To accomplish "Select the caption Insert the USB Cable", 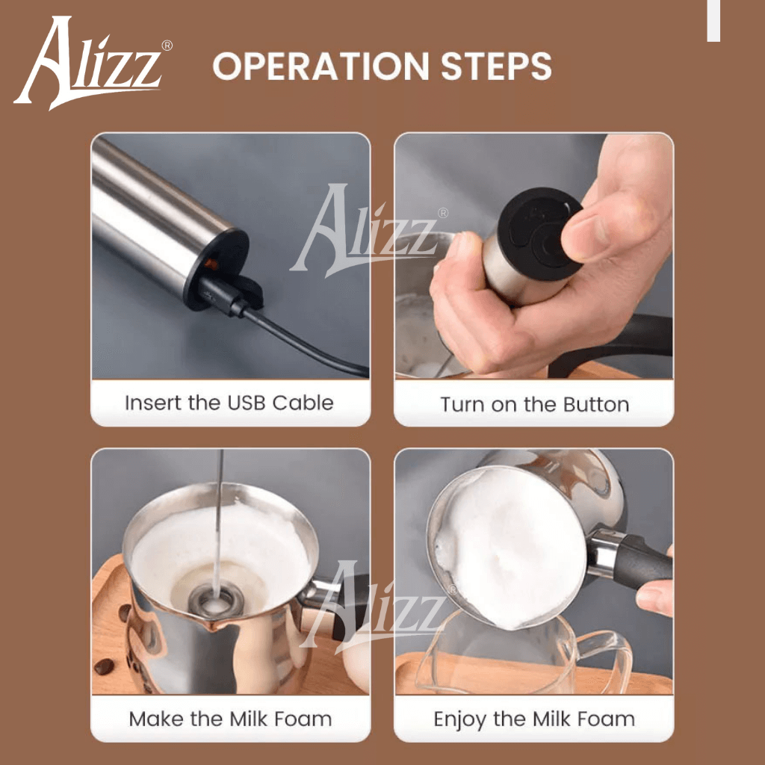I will [x=229, y=403].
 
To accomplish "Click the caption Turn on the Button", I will [x=534, y=404].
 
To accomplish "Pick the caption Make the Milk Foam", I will [x=230, y=719].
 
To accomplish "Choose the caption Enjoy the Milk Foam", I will [x=534, y=719].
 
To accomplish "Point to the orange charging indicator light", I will [x=211, y=264].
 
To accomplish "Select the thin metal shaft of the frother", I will [x=217, y=515].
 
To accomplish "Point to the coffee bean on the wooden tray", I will [x=104, y=666].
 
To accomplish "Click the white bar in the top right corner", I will [x=713, y=20].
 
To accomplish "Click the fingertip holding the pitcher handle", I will [x=654, y=598].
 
